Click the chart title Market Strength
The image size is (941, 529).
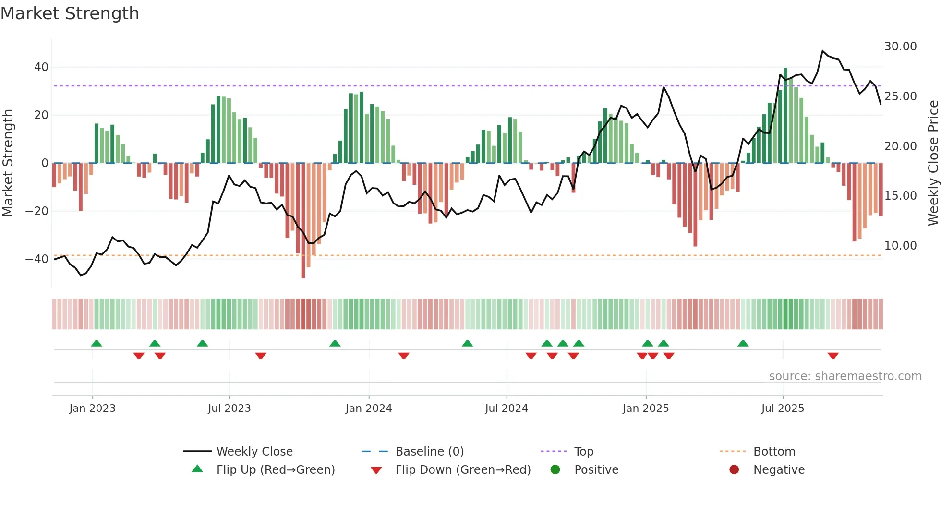[70, 13]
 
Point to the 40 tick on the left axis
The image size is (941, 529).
[41, 67]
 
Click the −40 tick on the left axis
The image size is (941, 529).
[37, 259]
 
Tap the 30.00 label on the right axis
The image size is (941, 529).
[900, 47]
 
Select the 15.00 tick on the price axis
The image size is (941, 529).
[900, 196]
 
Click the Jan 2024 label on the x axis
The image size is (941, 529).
[368, 409]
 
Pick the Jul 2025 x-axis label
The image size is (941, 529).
[782, 409]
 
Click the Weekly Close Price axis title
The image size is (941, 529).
[933, 163]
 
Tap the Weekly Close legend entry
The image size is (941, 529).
[254, 452]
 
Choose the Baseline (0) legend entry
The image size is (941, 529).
[429, 452]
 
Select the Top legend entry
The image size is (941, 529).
[583, 452]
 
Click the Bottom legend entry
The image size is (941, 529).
[774, 452]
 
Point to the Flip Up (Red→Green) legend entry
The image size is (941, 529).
[275, 470]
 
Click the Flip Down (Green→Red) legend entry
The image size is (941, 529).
[462, 470]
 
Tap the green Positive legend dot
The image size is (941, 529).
[555, 470]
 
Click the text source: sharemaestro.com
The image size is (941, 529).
[845, 376]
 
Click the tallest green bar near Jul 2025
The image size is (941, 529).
[785, 115]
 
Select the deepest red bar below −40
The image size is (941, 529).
[303, 221]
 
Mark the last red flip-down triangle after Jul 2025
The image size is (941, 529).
[833, 356]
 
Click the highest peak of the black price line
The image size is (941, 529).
[822, 50]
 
